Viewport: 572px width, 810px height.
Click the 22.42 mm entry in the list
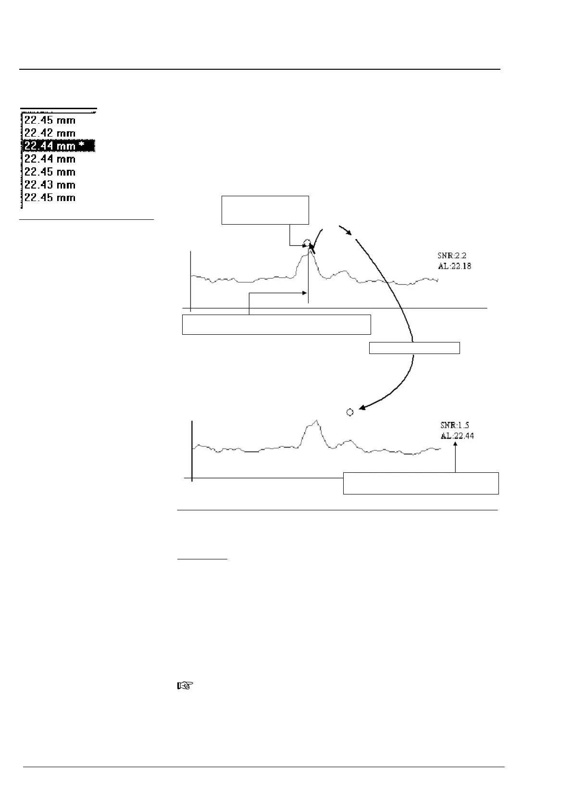tap(50, 133)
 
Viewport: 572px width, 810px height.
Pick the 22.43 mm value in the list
tap(50, 185)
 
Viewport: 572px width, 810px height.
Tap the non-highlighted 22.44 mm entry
tap(50, 159)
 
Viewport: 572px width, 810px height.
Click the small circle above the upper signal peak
tap(307, 242)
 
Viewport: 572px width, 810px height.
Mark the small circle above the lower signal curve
tap(350, 412)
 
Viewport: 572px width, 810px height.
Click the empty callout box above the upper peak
tap(265, 210)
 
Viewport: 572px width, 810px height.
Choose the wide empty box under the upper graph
tap(276, 324)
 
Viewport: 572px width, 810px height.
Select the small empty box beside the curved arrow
tap(414, 348)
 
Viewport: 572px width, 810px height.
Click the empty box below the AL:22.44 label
tap(421, 483)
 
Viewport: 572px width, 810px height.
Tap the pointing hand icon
tap(185, 686)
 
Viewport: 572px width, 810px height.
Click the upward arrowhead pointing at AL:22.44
tap(455, 444)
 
